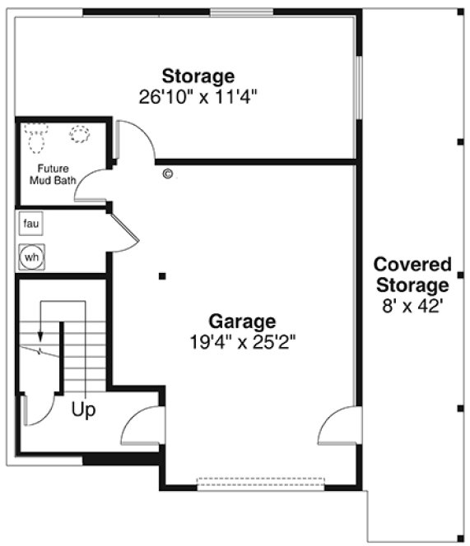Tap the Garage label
pyautogui.click(x=241, y=321)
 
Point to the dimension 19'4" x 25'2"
pyautogui.click(x=241, y=340)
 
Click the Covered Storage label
pyautogui.click(x=412, y=275)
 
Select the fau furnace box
pyautogui.click(x=31, y=223)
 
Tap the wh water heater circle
pyautogui.click(x=31, y=257)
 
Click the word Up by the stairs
pyautogui.click(x=83, y=409)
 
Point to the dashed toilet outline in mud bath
pyautogui.click(x=35, y=137)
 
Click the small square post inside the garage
pyautogui.click(x=163, y=275)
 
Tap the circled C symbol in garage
pyautogui.click(x=168, y=174)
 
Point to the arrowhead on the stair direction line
pyautogui.click(x=38, y=336)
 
